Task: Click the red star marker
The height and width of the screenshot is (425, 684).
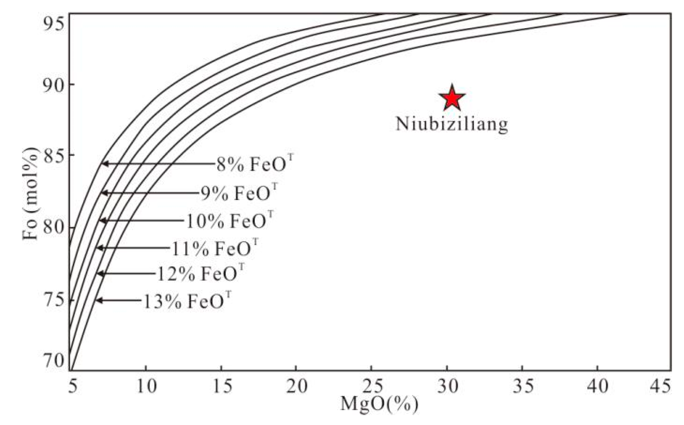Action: click(x=452, y=98)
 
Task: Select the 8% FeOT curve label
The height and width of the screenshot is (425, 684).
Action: click(x=254, y=164)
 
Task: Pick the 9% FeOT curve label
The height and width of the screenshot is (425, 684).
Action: click(x=239, y=193)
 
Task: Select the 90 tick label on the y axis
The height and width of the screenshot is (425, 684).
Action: click(x=54, y=85)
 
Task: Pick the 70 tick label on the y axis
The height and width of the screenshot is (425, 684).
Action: click(x=54, y=360)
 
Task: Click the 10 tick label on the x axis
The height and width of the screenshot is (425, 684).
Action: click(x=146, y=386)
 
